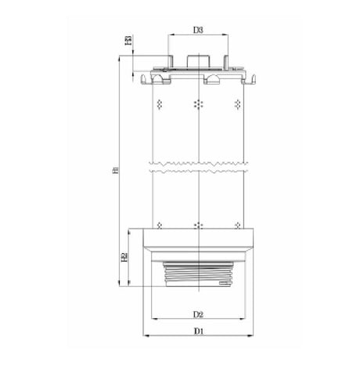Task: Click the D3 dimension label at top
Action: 198,31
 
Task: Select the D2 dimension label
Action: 199,314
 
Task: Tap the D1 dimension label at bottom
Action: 199,331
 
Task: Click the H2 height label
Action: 125,258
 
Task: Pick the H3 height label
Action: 128,40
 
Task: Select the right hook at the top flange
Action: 254,78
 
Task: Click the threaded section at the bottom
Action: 199,274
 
